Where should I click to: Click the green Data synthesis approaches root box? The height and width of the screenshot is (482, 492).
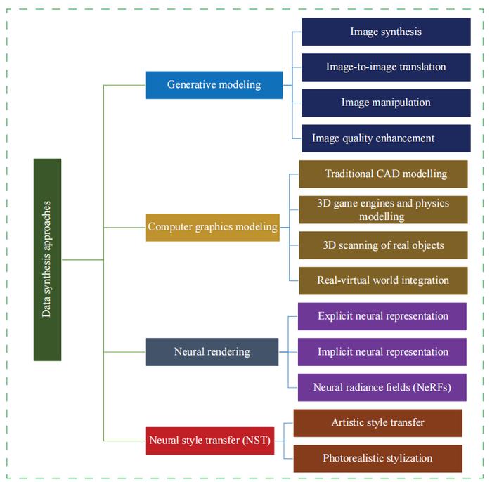pyautogui.click(x=47, y=259)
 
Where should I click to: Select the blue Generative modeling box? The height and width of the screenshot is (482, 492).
pyautogui.click(x=214, y=85)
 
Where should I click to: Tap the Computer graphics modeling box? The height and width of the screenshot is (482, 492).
pyautogui.click(x=212, y=227)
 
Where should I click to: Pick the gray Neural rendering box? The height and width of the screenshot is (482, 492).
pyautogui.click(x=212, y=351)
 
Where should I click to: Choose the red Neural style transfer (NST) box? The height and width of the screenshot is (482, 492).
pyautogui.click(x=210, y=441)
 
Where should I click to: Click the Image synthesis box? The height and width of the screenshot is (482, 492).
pyautogui.click(x=386, y=32)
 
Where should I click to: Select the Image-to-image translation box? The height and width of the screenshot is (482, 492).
pyautogui.click(x=386, y=67)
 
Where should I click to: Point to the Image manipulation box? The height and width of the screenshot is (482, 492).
pyautogui.click(x=386, y=103)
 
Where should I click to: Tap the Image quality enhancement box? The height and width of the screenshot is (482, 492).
pyautogui.click(x=386, y=138)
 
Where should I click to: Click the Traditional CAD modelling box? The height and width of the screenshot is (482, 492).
pyautogui.click(x=383, y=174)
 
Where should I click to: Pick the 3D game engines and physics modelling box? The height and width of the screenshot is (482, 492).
pyautogui.click(x=383, y=209)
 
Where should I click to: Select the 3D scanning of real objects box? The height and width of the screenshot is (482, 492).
pyautogui.click(x=383, y=245)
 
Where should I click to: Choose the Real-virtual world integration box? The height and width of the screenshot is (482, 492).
pyautogui.click(x=383, y=280)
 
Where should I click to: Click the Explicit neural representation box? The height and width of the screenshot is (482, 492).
pyautogui.click(x=382, y=316)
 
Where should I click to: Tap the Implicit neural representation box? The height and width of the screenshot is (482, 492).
pyautogui.click(x=382, y=352)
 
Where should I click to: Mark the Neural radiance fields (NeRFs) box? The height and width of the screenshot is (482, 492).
pyautogui.click(x=382, y=387)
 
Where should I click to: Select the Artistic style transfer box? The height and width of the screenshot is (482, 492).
pyautogui.click(x=377, y=423)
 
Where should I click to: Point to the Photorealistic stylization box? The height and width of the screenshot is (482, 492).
pyautogui.click(x=377, y=458)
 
